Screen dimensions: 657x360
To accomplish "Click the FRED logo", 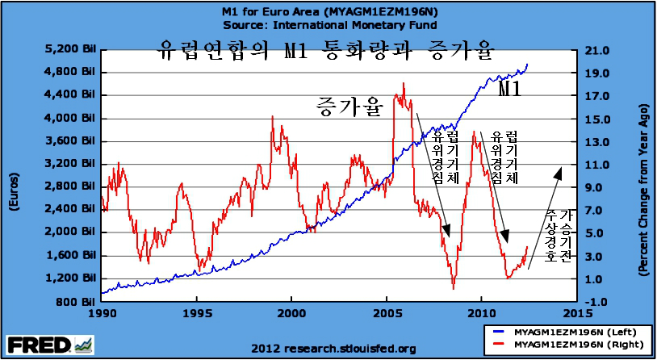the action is (x=50, y=345).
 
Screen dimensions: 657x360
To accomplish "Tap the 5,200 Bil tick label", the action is (x=70, y=49).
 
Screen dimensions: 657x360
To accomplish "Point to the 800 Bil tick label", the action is (x=74, y=302).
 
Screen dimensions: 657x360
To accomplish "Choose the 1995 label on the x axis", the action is (x=196, y=313).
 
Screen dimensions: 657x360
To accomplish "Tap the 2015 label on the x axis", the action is (x=576, y=313).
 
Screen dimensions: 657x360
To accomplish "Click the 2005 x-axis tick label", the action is (x=387, y=313).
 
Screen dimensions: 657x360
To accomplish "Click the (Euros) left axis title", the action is (x=13, y=192).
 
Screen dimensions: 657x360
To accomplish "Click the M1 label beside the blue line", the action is (x=510, y=89).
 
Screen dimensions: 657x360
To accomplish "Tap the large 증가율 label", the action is (x=349, y=107).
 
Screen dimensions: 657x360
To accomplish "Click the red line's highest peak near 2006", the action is (x=403, y=83).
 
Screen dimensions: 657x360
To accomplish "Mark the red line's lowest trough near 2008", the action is (x=454, y=288).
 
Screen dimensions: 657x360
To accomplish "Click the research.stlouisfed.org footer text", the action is (x=334, y=349).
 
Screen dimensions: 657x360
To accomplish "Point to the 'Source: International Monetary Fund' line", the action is (x=330, y=25).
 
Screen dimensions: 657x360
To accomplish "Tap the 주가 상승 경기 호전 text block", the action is (x=558, y=237).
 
